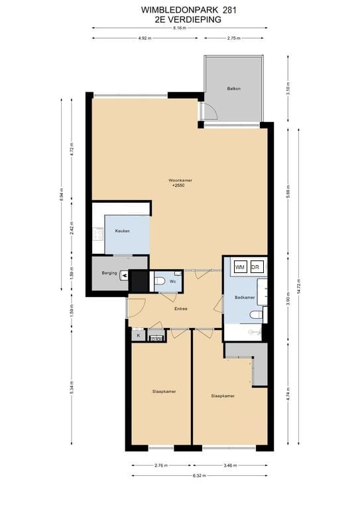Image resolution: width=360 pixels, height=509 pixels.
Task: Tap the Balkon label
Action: tap(233, 88)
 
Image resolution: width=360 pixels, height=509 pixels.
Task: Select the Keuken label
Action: tap(122, 231)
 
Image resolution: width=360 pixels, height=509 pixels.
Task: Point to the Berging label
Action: tap(109, 273)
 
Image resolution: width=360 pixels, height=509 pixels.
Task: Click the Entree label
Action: tap(180, 309)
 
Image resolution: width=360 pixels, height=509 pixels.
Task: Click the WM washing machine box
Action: tap(240, 266)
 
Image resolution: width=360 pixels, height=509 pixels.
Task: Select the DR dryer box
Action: tap(257, 266)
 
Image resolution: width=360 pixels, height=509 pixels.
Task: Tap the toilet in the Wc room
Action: tap(160, 282)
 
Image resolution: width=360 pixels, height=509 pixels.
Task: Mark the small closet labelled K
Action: tap(138, 336)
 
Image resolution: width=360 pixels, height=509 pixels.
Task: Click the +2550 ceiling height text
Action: tap(178, 186)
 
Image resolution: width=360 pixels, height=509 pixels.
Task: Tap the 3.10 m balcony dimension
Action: tap(288, 91)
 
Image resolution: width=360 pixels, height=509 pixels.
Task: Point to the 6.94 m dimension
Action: tap(62, 196)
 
